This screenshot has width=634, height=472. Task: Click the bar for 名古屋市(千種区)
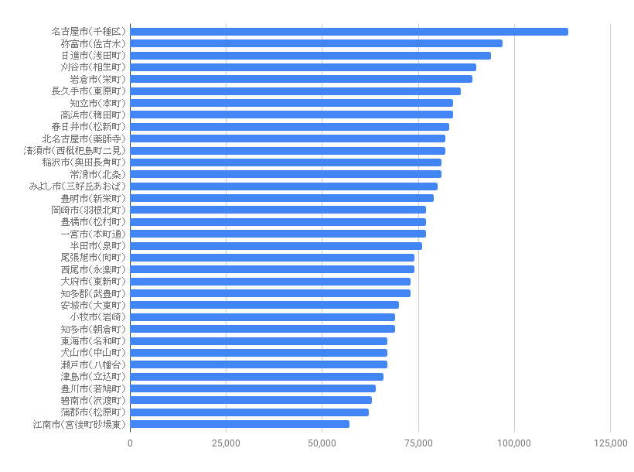point(349,32)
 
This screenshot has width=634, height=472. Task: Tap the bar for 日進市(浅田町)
point(310,56)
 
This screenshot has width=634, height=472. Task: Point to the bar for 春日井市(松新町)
point(289,127)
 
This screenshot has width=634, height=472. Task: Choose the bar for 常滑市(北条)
point(285,174)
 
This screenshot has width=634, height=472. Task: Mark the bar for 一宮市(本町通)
point(278,234)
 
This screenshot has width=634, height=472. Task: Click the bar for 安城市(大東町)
point(264,305)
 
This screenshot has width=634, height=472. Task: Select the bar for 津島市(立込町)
point(257,376)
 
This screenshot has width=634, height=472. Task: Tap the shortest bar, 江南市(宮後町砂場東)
point(240,424)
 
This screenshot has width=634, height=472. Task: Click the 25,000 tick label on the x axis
point(226,443)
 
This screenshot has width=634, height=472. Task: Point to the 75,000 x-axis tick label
point(418,443)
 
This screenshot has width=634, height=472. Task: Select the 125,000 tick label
point(610,443)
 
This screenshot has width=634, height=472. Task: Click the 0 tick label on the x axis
point(130,443)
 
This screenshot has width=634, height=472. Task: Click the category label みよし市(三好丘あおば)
point(77,186)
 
